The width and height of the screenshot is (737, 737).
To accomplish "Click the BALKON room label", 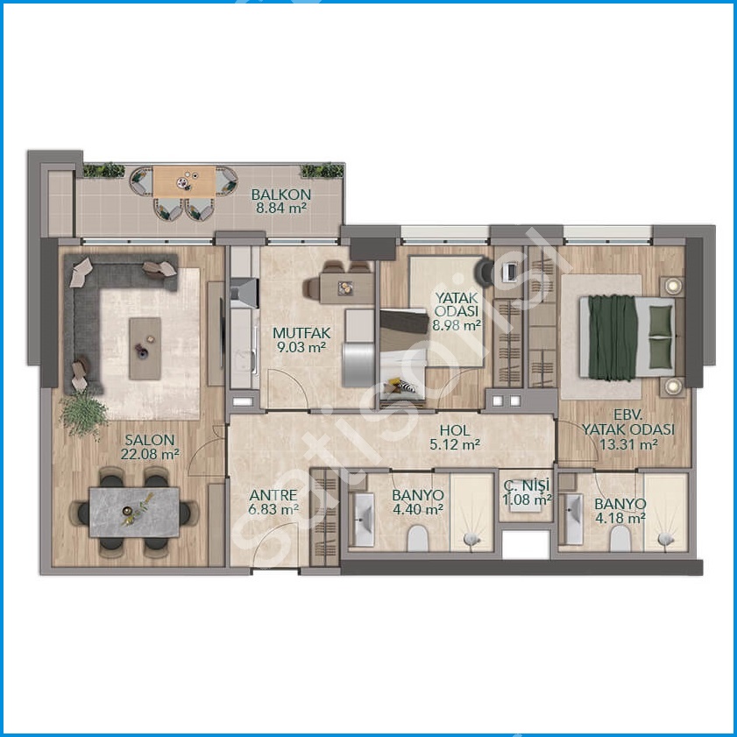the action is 281,195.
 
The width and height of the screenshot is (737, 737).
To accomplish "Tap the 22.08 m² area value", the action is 150,455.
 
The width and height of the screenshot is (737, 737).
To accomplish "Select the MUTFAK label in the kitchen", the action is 301,333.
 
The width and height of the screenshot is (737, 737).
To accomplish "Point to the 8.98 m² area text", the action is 457,325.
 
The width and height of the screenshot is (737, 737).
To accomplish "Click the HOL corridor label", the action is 455,430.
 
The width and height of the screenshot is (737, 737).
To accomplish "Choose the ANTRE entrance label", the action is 273,495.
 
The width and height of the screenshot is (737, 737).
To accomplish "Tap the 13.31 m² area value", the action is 628,444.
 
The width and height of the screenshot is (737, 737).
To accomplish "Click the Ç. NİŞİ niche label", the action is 526,485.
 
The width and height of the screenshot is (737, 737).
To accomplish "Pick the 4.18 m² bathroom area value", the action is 620,518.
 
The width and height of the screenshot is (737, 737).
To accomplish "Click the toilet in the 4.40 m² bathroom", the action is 418,538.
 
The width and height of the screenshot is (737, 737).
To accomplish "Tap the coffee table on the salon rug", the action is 145,348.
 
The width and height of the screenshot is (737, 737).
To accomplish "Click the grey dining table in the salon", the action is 134,513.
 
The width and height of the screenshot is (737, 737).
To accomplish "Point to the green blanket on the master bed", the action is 612,337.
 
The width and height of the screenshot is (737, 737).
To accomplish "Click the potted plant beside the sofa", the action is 83,414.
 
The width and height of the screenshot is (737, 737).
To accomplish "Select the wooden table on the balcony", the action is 184,181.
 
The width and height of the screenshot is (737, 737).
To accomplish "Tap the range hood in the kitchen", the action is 244,293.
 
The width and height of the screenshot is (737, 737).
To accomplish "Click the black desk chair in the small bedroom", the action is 485,273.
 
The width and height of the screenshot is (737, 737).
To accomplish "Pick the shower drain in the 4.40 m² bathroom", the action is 471,539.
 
